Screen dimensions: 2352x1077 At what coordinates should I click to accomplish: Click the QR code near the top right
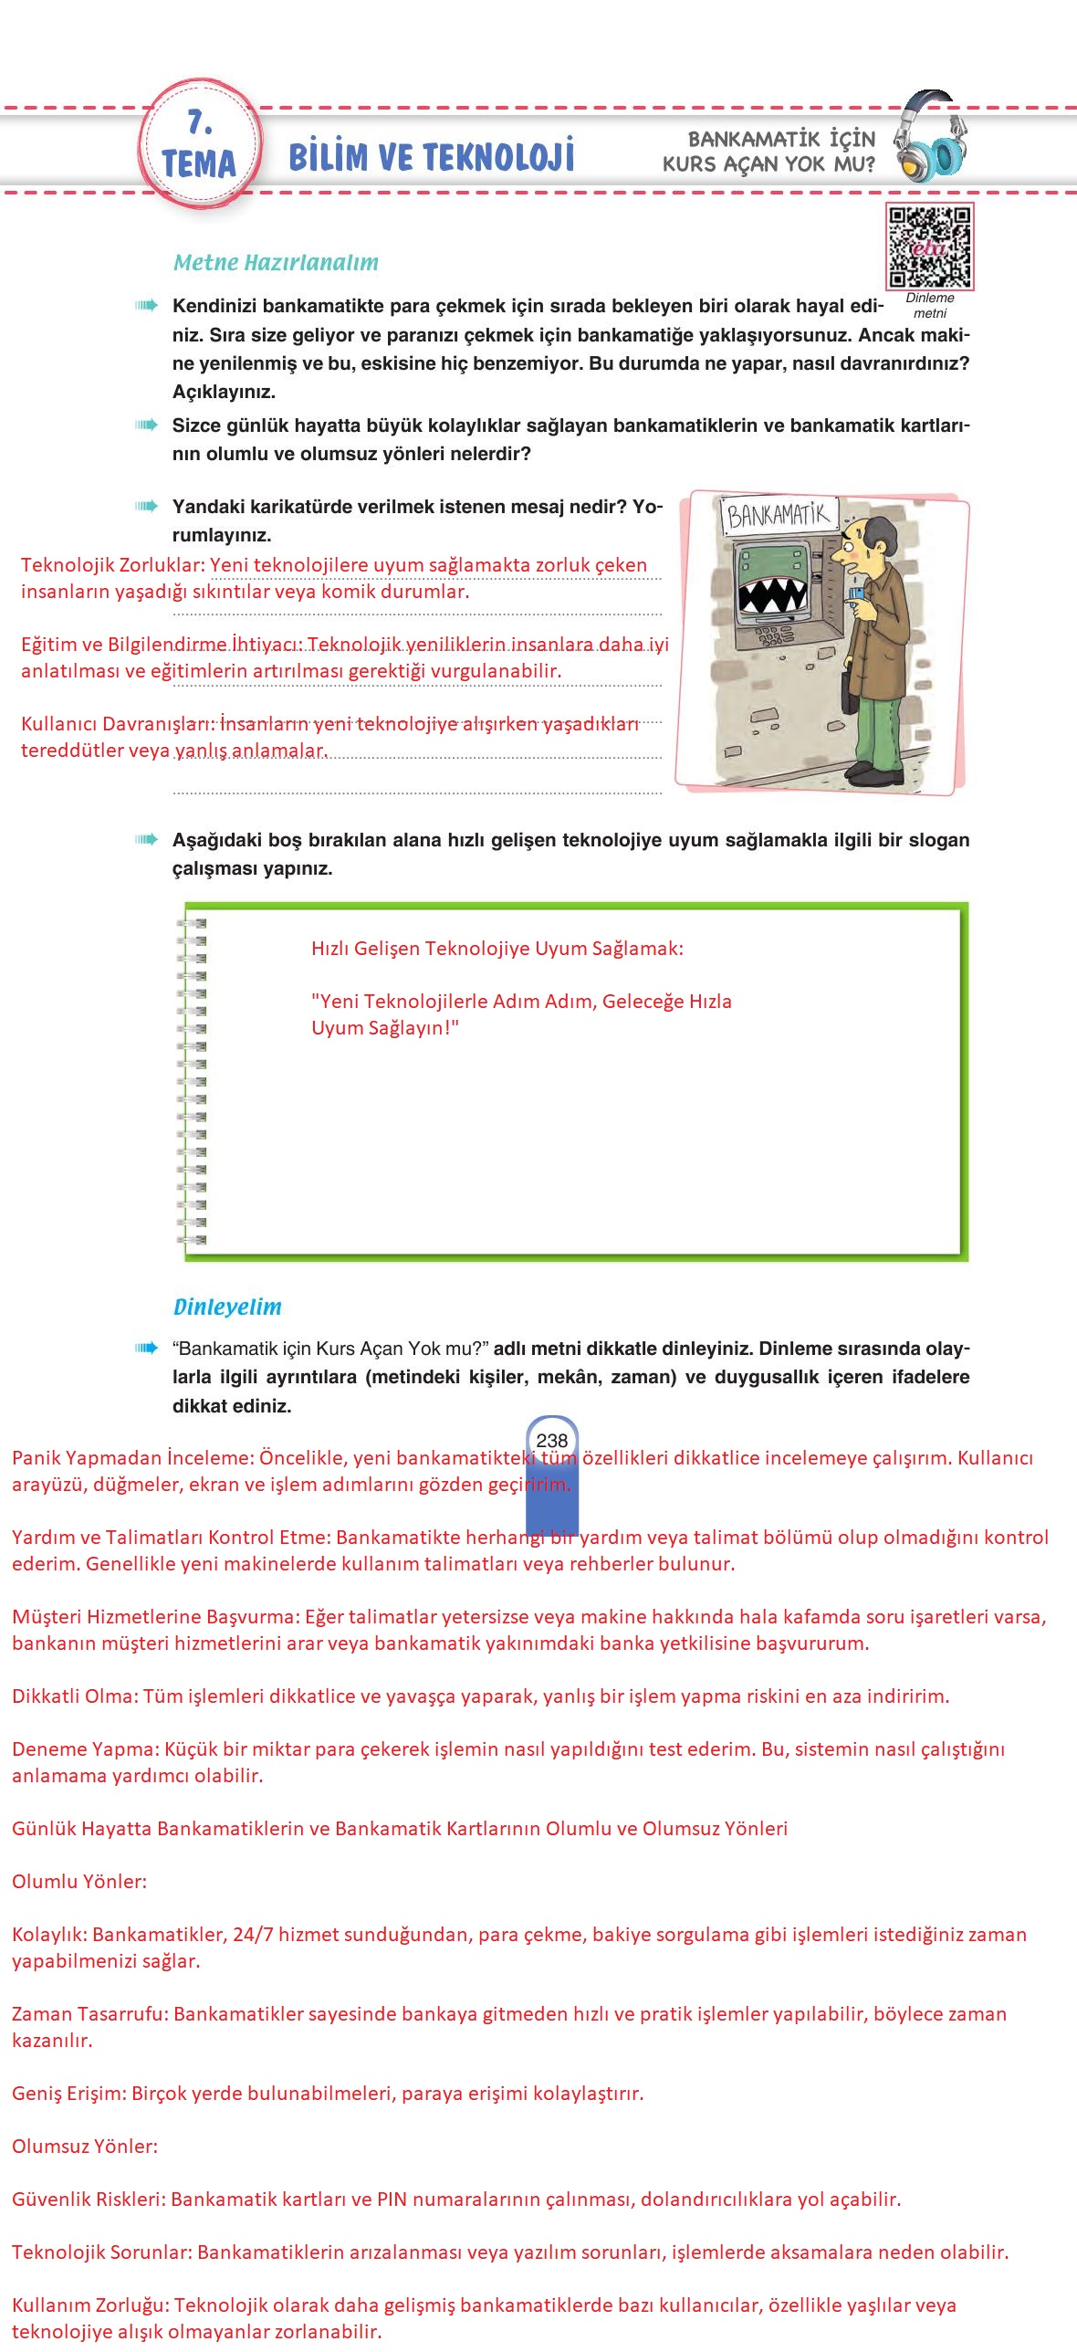pos(929,247)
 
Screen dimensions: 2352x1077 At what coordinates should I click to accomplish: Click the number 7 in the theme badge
pos(199,122)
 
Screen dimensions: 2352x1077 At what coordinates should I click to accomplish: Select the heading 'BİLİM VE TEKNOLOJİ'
pos(431,157)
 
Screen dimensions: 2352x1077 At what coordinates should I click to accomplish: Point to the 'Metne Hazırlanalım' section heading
pos(276,263)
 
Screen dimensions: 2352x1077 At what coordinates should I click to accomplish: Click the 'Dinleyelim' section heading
pos(227,1307)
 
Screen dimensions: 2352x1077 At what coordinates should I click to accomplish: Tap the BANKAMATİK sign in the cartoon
pos(779,516)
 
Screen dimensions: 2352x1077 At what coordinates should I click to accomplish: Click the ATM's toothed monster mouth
pos(772,594)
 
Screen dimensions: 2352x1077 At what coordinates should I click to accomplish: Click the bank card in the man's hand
pos(857,594)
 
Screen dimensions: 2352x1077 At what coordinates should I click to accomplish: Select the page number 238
pos(552,1440)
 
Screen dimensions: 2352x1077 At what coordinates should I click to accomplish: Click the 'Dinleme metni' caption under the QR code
pos(930,306)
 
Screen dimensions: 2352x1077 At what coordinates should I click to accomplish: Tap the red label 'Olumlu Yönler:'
pos(79,1882)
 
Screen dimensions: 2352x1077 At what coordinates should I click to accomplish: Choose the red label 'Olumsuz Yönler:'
pos(85,2146)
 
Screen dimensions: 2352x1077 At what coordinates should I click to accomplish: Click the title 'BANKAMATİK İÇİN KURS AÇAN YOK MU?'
pos(769,152)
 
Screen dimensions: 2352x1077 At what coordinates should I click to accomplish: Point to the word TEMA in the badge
pos(199,164)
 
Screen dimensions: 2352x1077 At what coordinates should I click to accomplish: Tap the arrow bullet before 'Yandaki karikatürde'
pos(145,507)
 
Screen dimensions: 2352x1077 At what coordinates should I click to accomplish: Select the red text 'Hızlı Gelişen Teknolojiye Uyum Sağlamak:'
pos(497,949)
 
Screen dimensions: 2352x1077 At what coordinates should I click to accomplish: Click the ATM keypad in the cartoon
pos(776,635)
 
